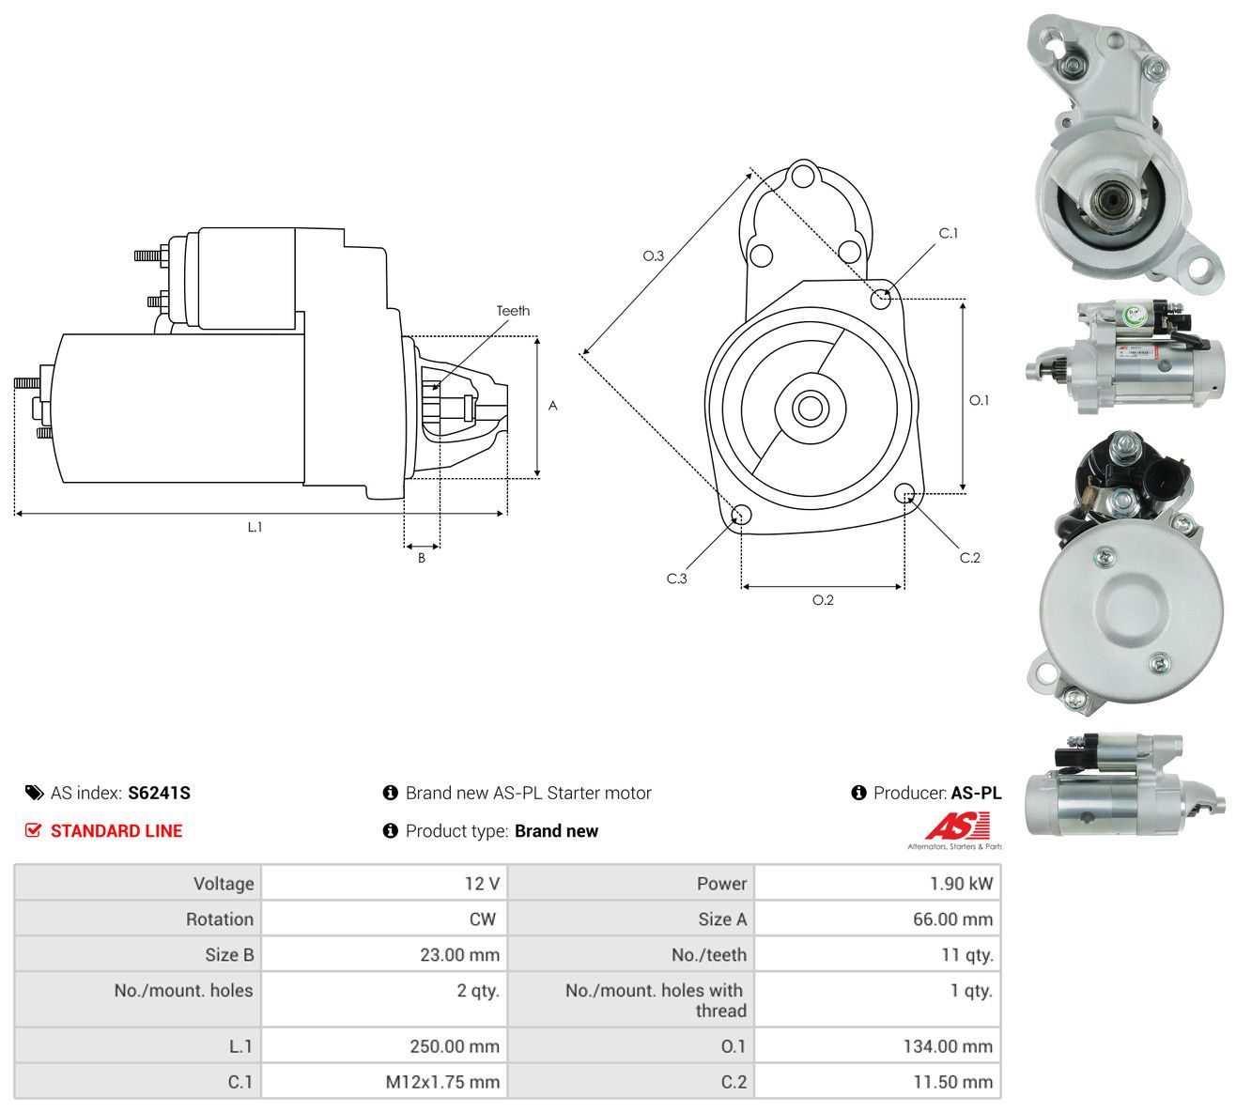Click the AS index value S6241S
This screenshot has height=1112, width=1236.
[159, 793]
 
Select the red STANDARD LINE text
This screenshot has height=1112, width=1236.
[116, 831]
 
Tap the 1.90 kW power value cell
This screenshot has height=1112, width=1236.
[961, 884]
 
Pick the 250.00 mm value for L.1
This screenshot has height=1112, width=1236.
[455, 1046]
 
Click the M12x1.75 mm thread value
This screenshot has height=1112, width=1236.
[442, 1082]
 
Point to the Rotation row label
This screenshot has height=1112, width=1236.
[220, 919]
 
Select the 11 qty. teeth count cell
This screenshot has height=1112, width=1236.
[966, 955]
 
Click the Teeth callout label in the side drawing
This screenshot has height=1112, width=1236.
[513, 311]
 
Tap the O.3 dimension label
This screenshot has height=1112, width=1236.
[653, 255]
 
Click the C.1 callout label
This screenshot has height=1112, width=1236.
[949, 233]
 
